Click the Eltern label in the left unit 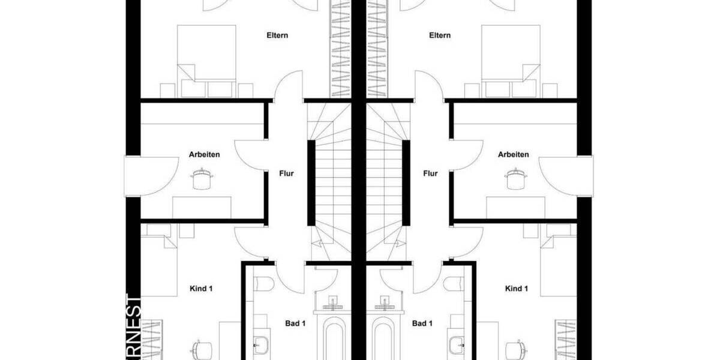[x=277, y=35]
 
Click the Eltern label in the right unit [x=440, y=35]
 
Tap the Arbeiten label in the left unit [x=205, y=154]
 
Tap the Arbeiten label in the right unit [x=514, y=154]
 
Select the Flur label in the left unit [x=287, y=174]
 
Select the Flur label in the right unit [x=430, y=174]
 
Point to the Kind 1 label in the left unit [x=202, y=289]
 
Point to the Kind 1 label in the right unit [x=517, y=289]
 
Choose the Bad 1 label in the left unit [x=295, y=323]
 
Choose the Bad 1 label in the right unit [x=422, y=323]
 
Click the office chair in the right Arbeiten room [x=514, y=178]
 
